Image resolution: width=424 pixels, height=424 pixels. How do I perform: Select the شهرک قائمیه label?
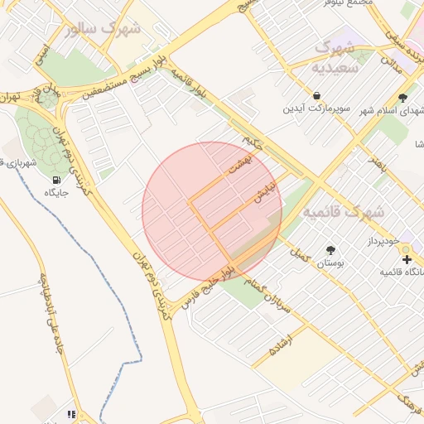343,213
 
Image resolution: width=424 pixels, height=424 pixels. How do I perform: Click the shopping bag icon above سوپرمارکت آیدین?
317,94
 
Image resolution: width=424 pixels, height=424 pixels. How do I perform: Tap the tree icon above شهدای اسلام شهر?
402,97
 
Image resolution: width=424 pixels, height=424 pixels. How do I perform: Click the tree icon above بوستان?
331,249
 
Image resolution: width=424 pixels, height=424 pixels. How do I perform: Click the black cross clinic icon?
406,260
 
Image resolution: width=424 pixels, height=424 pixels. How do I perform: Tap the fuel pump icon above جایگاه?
56,180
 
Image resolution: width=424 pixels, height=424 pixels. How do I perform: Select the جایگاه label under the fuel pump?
56,193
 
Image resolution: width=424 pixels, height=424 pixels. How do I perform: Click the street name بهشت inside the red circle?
239,162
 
